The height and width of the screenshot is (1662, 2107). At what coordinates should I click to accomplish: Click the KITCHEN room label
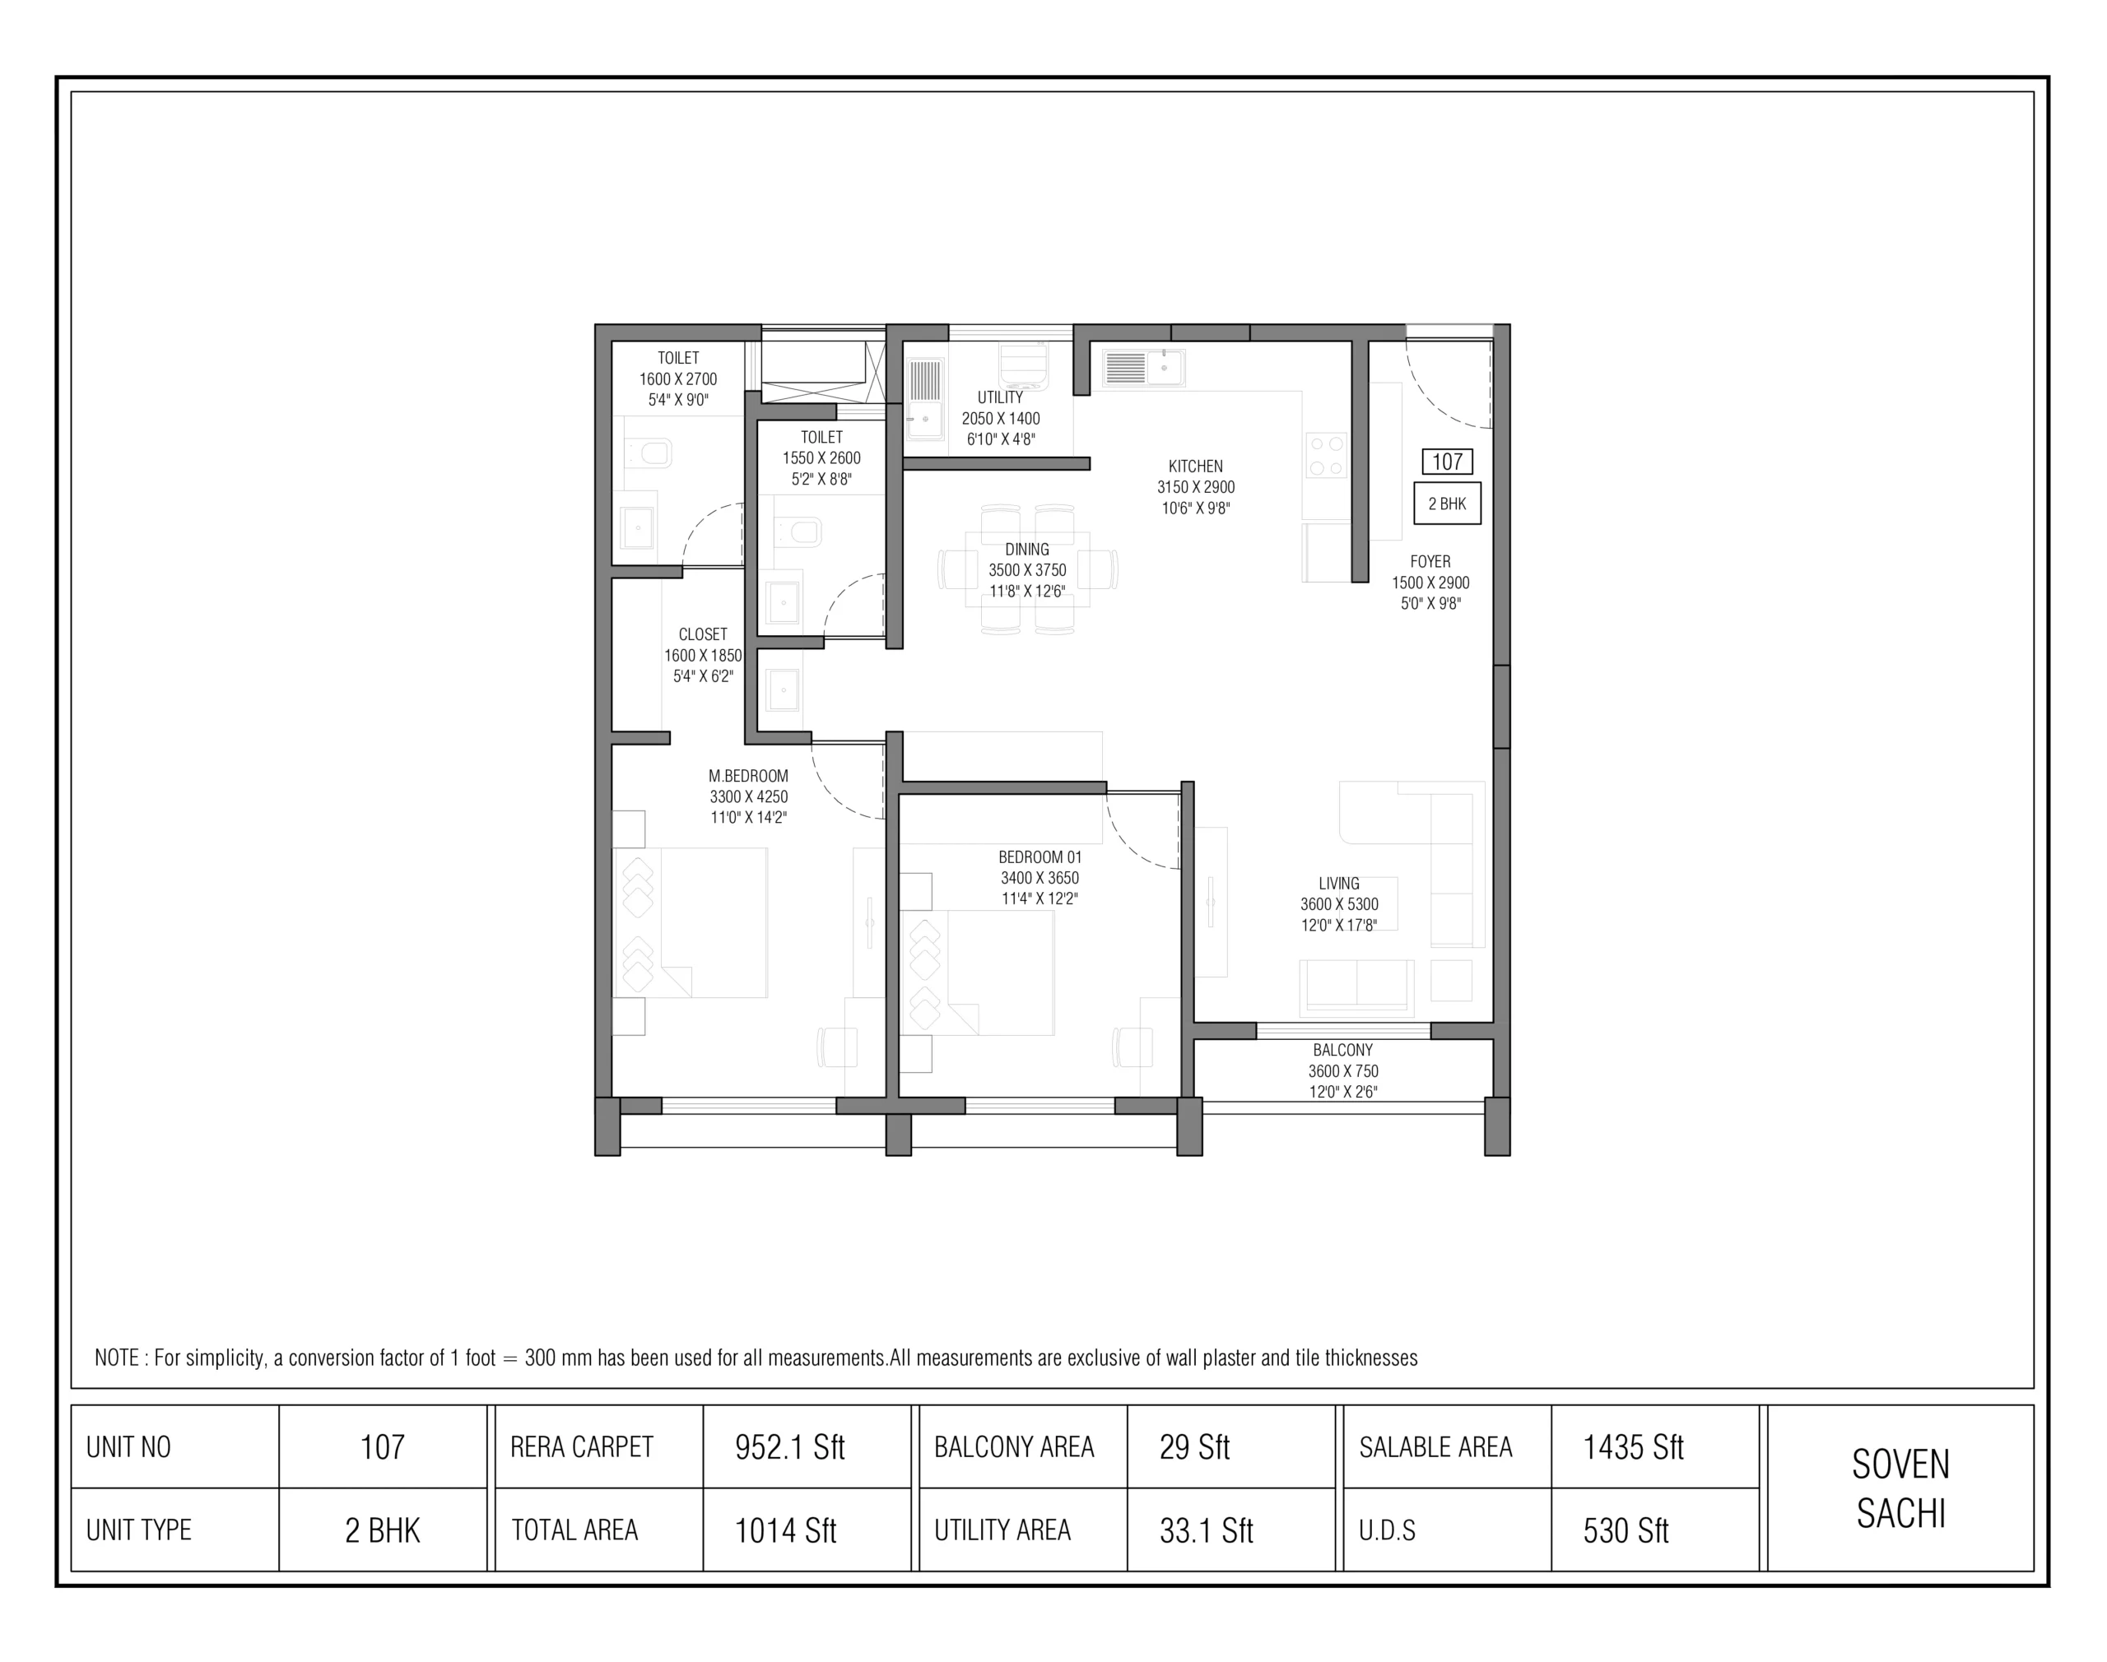click(1195, 466)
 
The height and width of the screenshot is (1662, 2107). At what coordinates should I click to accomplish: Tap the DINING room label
click(1026, 550)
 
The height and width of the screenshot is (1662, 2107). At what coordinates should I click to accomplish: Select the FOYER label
click(1430, 561)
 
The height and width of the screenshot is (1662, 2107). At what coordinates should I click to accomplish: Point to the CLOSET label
click(703, 634)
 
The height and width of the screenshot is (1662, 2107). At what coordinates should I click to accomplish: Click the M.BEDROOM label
click(747, 776)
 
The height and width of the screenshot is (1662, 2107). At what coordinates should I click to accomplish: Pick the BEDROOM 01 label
click(1040, 857)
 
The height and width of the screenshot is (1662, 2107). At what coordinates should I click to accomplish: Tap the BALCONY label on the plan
click(1342, 1050)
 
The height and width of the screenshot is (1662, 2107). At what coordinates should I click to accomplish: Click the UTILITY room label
click(1001, 397)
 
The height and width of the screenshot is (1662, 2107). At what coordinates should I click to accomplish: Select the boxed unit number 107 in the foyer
click(1447, 462)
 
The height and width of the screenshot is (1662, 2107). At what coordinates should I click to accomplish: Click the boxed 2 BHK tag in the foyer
click(1447, 503)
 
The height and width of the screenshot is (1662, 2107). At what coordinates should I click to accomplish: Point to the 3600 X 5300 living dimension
click(1339, 904)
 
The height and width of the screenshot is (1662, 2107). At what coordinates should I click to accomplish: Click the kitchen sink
click(1143, 368)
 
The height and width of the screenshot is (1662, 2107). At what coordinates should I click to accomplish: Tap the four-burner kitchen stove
click(1325, 455)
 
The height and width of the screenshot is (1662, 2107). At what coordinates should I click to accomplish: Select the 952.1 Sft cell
click(789, 1447)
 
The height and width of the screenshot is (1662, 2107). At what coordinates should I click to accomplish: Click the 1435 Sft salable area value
click(1633, 1447)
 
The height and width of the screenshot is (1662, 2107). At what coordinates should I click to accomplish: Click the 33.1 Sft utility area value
click(1206, 1530)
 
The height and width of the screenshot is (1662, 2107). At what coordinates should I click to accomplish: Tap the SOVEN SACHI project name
click(1900, 1488)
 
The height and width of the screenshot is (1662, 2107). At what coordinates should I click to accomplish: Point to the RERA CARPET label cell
click(581, 1447)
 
